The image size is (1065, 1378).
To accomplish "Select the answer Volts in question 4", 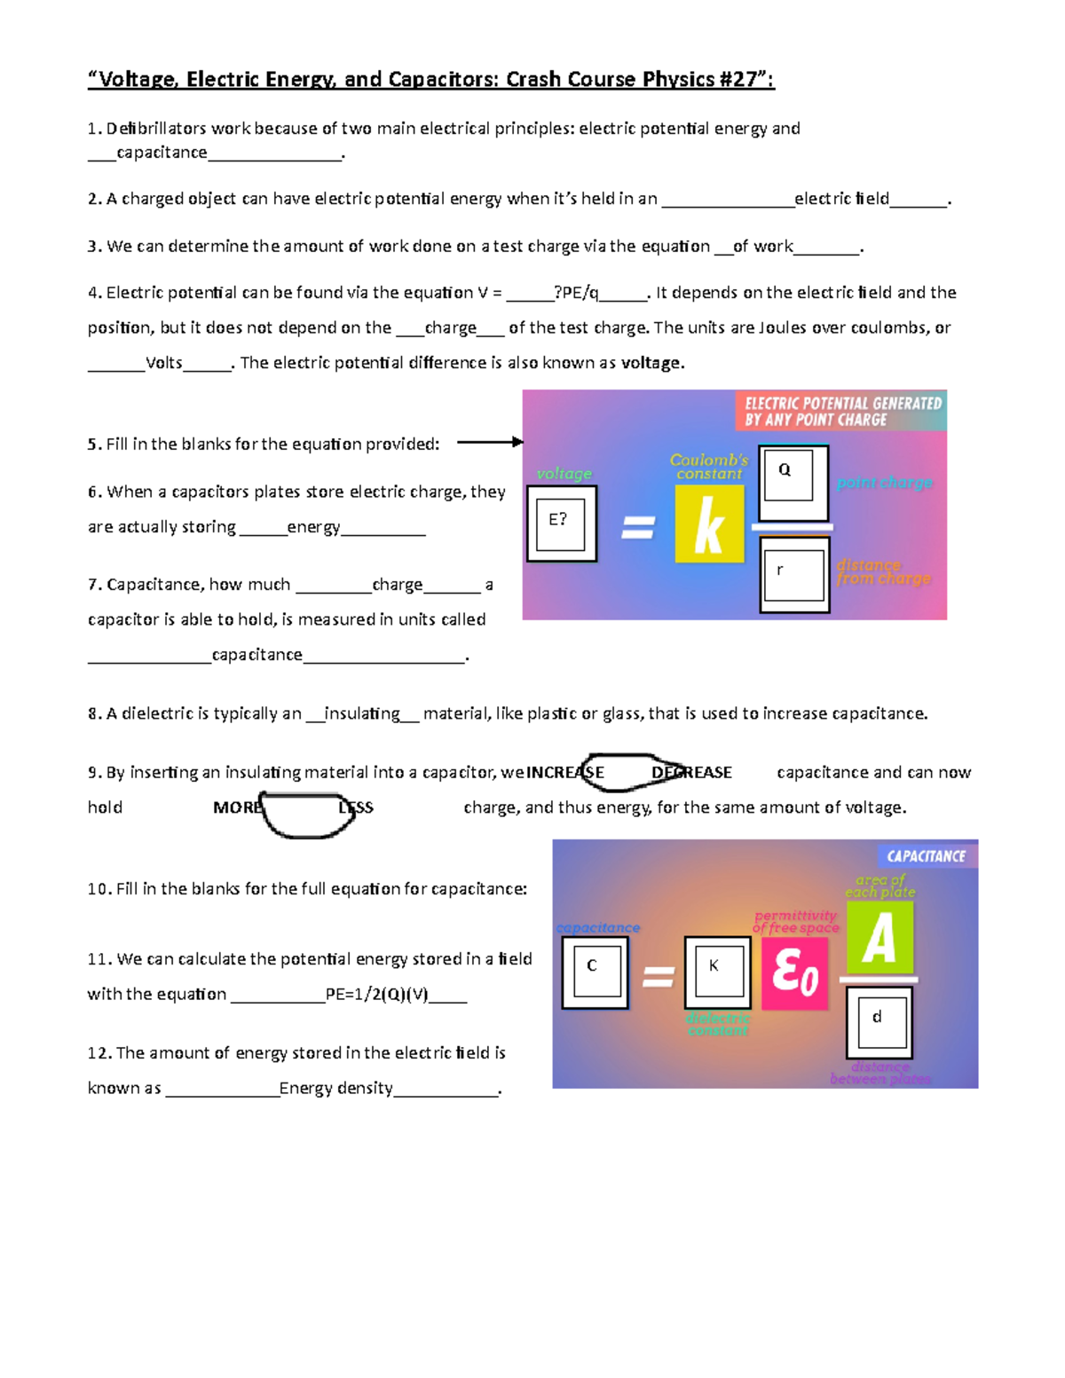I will pyautogui.click(x=164, y=363).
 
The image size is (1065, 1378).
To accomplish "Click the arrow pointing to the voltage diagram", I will pyautogui.click(x=490, y=442).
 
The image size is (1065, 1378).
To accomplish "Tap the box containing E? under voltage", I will pyautogui.click(x=561, y=524).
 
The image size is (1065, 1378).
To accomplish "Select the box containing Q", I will pyautogui.click(x=793, y=482).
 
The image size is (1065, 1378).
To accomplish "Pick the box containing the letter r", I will pyautogui.click(x=794, y=575).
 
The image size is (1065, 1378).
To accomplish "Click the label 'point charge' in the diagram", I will pyautogui.click(x=884, y=483).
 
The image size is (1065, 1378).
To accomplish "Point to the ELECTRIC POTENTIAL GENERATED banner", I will pyautogui.click(x=841, y=411).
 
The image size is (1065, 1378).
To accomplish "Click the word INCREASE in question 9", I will pyautogui.click(x=564, y=773).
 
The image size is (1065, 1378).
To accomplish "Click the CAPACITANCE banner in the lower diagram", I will pyautogui.click(x=926, y=856).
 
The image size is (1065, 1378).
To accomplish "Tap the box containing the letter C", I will pyautogui.click(x=595, y=973).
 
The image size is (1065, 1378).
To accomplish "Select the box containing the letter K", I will pyautogui.click(x=717, y=973).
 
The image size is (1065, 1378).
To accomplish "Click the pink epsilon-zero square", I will pyautogui.click(x=794, y=973).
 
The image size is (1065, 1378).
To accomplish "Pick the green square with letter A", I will pyautogui.click(x=880, y=938).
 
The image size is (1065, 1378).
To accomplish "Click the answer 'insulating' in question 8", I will pyautogui.click(x=362, y=713).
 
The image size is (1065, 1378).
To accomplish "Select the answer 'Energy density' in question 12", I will pyautogui.click(x=335, y=1088).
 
